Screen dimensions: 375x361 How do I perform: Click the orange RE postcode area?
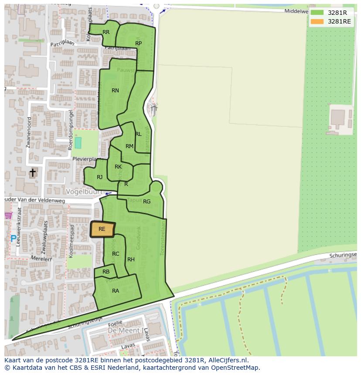pyautogui.click(x=102, y=230)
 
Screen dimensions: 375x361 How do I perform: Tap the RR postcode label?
pyautogui.click(x=106, y=32)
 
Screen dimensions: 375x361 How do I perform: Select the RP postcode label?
pyautogui.click(x=138, y=44)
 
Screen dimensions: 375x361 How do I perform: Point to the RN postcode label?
pyautogui.click(x=115, y=91)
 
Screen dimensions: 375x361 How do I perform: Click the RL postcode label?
pyautogui.click(x=138, y=134)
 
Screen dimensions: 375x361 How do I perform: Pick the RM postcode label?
pyautogui.click(x=129, y=146)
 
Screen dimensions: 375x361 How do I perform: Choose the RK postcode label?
pyautogui.click(x=118, y=167)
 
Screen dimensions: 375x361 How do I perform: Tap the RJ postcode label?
pyautogui.click(x=100, y=177)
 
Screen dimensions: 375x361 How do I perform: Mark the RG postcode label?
pyautogui.click(x=146, y=202)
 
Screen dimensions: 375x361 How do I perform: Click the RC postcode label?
pyautogui.click(x=116, y=254)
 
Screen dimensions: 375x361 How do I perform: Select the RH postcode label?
pyautogui.click(x=131, y=260)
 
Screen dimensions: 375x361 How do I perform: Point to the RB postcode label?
pyautogui.click(x=106, y=272)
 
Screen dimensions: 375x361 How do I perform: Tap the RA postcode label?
pyautogui.click(x=116, y=291)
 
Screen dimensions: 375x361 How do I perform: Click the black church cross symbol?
pyautogui.click(x=33, y=173)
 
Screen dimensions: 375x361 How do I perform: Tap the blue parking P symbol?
pyautogui.click(x=14, y=239)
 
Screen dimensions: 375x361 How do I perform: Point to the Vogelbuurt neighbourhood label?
pyautogui.click(x=84, y=192)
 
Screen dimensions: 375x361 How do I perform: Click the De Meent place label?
pyautogui.click(x=124, y=331)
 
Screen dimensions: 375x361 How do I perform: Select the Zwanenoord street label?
pyautogui.click(x=29, y=132)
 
